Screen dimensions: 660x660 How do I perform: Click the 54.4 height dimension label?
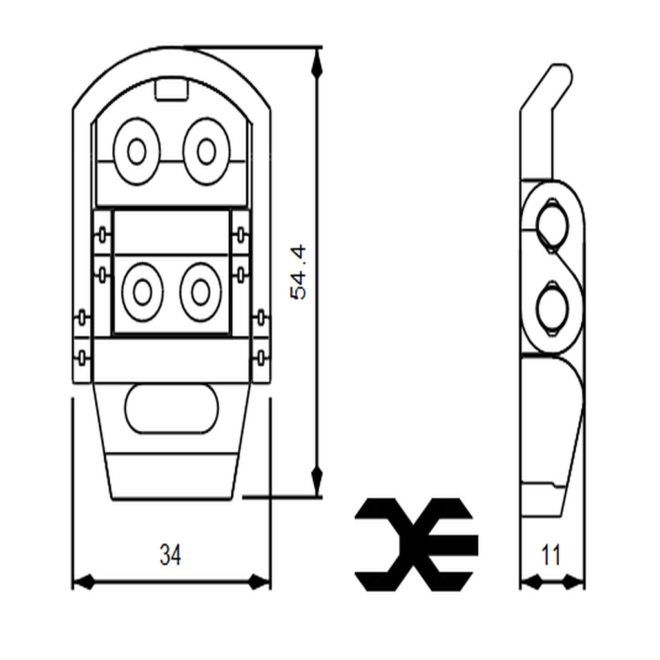[x=299, y=272]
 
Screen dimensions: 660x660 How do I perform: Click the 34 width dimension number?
[x=170, y=555]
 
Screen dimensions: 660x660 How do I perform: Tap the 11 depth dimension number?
[x=551, y=555]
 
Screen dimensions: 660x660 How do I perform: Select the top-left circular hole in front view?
[x=136, y=152]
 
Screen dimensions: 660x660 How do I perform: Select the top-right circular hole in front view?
[x=206, y=152]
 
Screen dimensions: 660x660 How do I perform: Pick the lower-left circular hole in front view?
[x=142, y=293]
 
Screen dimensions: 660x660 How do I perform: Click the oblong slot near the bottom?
[x=171, y=409]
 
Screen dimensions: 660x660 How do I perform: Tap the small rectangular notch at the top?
[x=171, y=90]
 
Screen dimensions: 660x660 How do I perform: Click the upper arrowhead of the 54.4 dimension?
[x=316, y=62]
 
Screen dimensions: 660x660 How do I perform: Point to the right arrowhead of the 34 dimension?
[x=259, y=582]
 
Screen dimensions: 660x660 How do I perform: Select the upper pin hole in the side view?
[x=553, y=223]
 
